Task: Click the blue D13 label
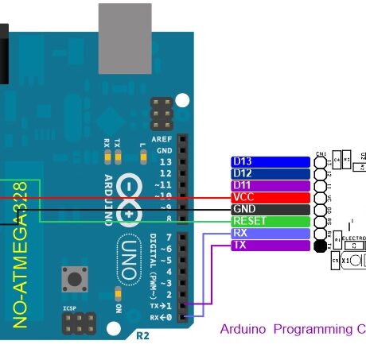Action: tap(270, 161)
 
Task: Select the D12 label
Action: tap(270, 173)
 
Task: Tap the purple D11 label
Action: tap(270, 185)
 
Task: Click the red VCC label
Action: tap(270, 197)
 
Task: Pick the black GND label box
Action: tap(270, 209)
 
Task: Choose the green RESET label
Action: tap(270, 221)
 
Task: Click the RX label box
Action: tap(270, 234)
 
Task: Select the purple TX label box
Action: tap(270, 246)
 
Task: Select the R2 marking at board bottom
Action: tap(142, 335)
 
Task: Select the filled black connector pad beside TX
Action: tap(320, 246)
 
